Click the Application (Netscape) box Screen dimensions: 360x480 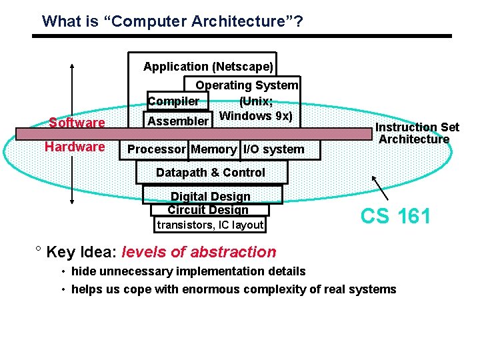(208, 67)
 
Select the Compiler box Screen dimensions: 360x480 (174, 101)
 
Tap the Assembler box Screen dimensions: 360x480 (178, 121)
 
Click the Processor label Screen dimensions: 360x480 (155, 149)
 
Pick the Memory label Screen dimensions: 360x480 (213, 149)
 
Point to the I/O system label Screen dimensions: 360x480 (273, 149)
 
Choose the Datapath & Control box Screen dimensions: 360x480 (211, 173)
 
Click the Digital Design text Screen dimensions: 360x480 (211, 197)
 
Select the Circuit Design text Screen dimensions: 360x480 (208, 209)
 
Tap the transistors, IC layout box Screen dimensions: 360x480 (210, 225)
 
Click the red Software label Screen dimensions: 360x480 (77, 123)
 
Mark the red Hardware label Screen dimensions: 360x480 (75, 147)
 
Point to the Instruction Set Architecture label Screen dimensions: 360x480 (416, 133)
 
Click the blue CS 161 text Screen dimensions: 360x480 (395, 216)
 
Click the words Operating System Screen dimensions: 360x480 (247, 85)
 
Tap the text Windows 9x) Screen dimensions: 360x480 (255, 115)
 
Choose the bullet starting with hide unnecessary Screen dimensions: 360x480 (188, 271)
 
